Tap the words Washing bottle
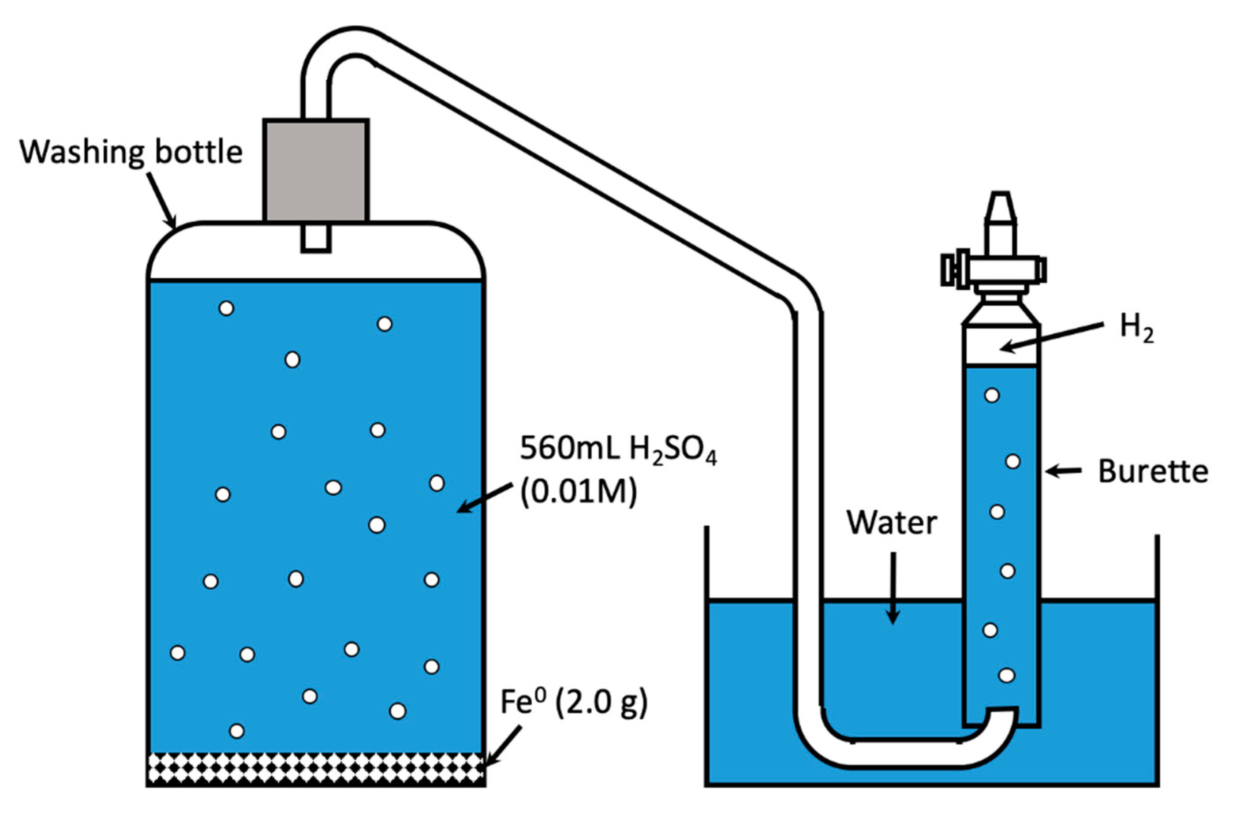pos(131,152)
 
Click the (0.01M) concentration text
pos(578,492)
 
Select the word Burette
pos(1152,472)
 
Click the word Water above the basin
pos(892,523)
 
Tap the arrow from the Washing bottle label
pos(162,202)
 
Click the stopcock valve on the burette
pos(994,270)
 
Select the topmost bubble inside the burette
pos(991,396)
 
